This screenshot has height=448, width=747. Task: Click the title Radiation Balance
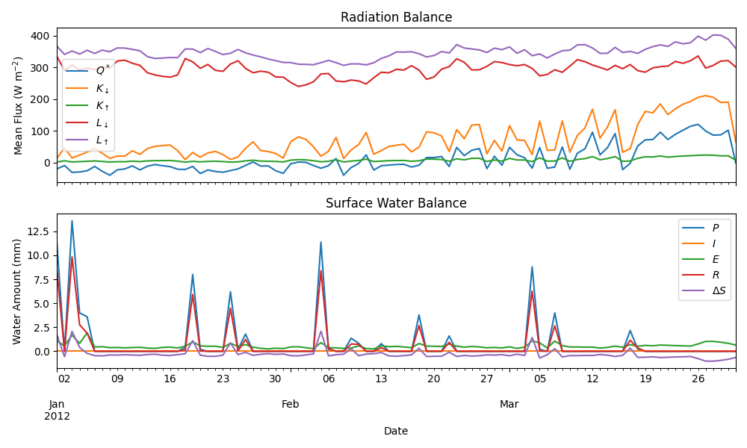[396, 17]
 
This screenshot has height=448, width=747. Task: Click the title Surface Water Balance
[396, 203]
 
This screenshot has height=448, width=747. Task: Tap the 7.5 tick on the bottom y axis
[40, 279]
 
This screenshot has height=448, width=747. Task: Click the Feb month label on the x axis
[291, 404]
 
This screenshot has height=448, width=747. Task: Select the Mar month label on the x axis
[509, 404]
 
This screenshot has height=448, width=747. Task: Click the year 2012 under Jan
[62, 416]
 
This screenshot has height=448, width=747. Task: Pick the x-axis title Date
[396, 431]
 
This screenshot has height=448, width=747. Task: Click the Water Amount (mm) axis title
[17, 291]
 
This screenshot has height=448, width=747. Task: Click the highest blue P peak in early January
[72, 220]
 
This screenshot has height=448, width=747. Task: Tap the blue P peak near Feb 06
[321, 242]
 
